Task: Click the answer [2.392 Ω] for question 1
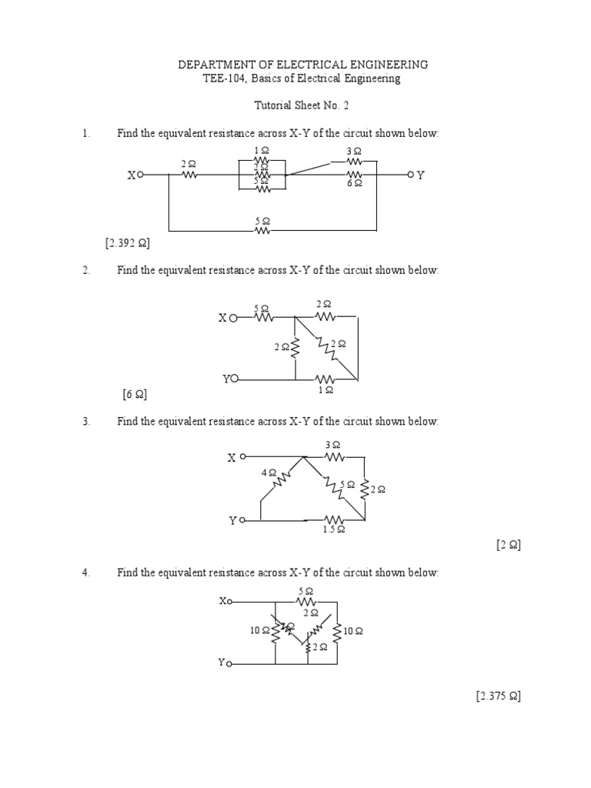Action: click(x=128, y=243)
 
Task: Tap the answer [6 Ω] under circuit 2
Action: click(x=135, y=395)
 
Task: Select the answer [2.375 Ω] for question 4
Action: click(x=498, y=696)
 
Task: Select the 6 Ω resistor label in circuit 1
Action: click(x=354, y=185)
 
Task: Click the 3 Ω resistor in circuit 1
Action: click(x=354, y=162)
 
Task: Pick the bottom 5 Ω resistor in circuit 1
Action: click(x=262, y=230)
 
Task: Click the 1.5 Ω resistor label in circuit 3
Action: click(x=333, y=530)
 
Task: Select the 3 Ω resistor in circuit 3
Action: click(x=333, y=456)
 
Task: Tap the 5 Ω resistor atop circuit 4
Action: click(x=306, y=601)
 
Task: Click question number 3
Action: click(x=86, y=422)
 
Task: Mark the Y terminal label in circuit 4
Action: click(x=222, y=662)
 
